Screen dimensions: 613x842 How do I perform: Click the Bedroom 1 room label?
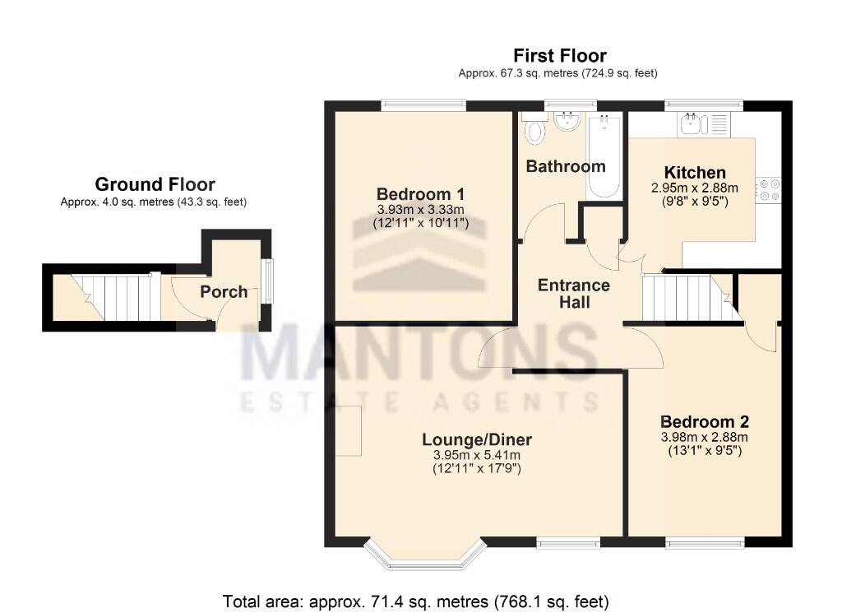(x=422, y=194)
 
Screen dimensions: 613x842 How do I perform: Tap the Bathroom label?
(x=566, y=166)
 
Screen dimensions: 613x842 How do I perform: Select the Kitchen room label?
(x=695, y=173)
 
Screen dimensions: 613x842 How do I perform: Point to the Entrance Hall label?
(x=573, y=294)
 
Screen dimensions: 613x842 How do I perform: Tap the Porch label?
(x=224, y=291)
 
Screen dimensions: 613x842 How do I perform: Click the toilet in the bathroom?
(x=535, y=129)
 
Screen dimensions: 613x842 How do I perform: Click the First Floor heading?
(x=559, y=56)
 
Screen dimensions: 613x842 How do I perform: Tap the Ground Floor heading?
(x=155, y=184)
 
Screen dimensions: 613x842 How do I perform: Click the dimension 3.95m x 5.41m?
(x=477, y=455)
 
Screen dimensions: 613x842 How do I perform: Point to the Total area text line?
(x=415, y=601)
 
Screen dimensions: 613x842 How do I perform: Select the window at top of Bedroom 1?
(x=424, y=105)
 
